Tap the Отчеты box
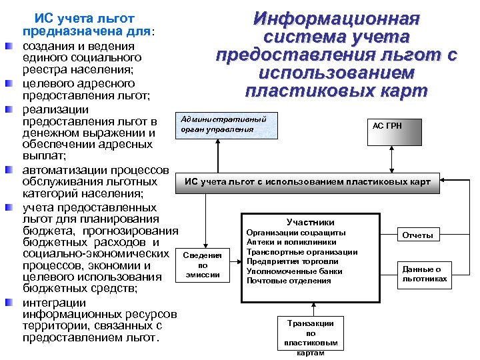[x=417, y=235]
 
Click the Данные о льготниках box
[x=425, y=273]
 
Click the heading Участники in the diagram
[x=310, y=222]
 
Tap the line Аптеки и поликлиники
[x=287, y=242]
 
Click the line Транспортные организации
[x=301, y=252]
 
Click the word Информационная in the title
[x=337, y=18]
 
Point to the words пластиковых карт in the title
[x=337, y=91]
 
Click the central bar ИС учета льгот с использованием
[x=307, y=181]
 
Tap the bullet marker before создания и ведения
[x=9, y=48]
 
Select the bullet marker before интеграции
[x=9, y=303]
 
